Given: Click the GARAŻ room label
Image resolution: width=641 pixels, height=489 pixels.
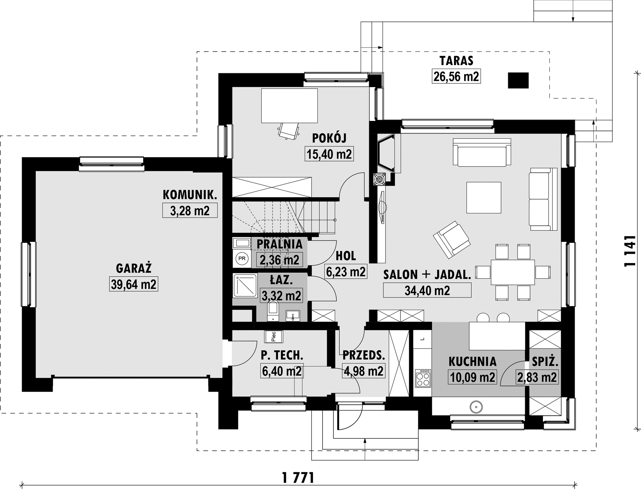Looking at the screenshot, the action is pos(134,268).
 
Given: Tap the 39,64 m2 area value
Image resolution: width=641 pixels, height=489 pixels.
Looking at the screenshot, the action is pos(134,284).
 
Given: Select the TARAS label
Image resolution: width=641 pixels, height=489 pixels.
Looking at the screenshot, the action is pos(456,61).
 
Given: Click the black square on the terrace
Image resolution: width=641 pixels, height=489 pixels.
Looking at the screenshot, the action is pos(518,80).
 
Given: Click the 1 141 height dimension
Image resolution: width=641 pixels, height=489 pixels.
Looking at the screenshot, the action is pos(629,251).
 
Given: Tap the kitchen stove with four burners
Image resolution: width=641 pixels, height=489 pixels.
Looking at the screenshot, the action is pos(423,378).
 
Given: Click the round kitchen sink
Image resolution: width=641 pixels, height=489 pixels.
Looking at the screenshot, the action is pos(476,407).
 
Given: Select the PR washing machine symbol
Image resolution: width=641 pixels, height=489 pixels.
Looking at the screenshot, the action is pos(242,259).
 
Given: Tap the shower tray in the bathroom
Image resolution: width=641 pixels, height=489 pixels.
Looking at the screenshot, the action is pos(245,285).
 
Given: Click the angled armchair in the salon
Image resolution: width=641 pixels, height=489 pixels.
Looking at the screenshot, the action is pos(452,240).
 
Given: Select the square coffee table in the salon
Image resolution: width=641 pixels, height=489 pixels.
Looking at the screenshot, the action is pos(484,198).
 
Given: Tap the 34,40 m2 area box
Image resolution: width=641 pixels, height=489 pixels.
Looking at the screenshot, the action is pos(427,290).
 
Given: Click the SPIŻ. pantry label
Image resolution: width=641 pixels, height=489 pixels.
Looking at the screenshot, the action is pos(545,362).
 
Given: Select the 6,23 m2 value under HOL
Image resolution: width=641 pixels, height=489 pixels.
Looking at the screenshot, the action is pos(346,271).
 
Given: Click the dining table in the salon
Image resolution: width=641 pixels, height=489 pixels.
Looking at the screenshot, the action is pos(513,272).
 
